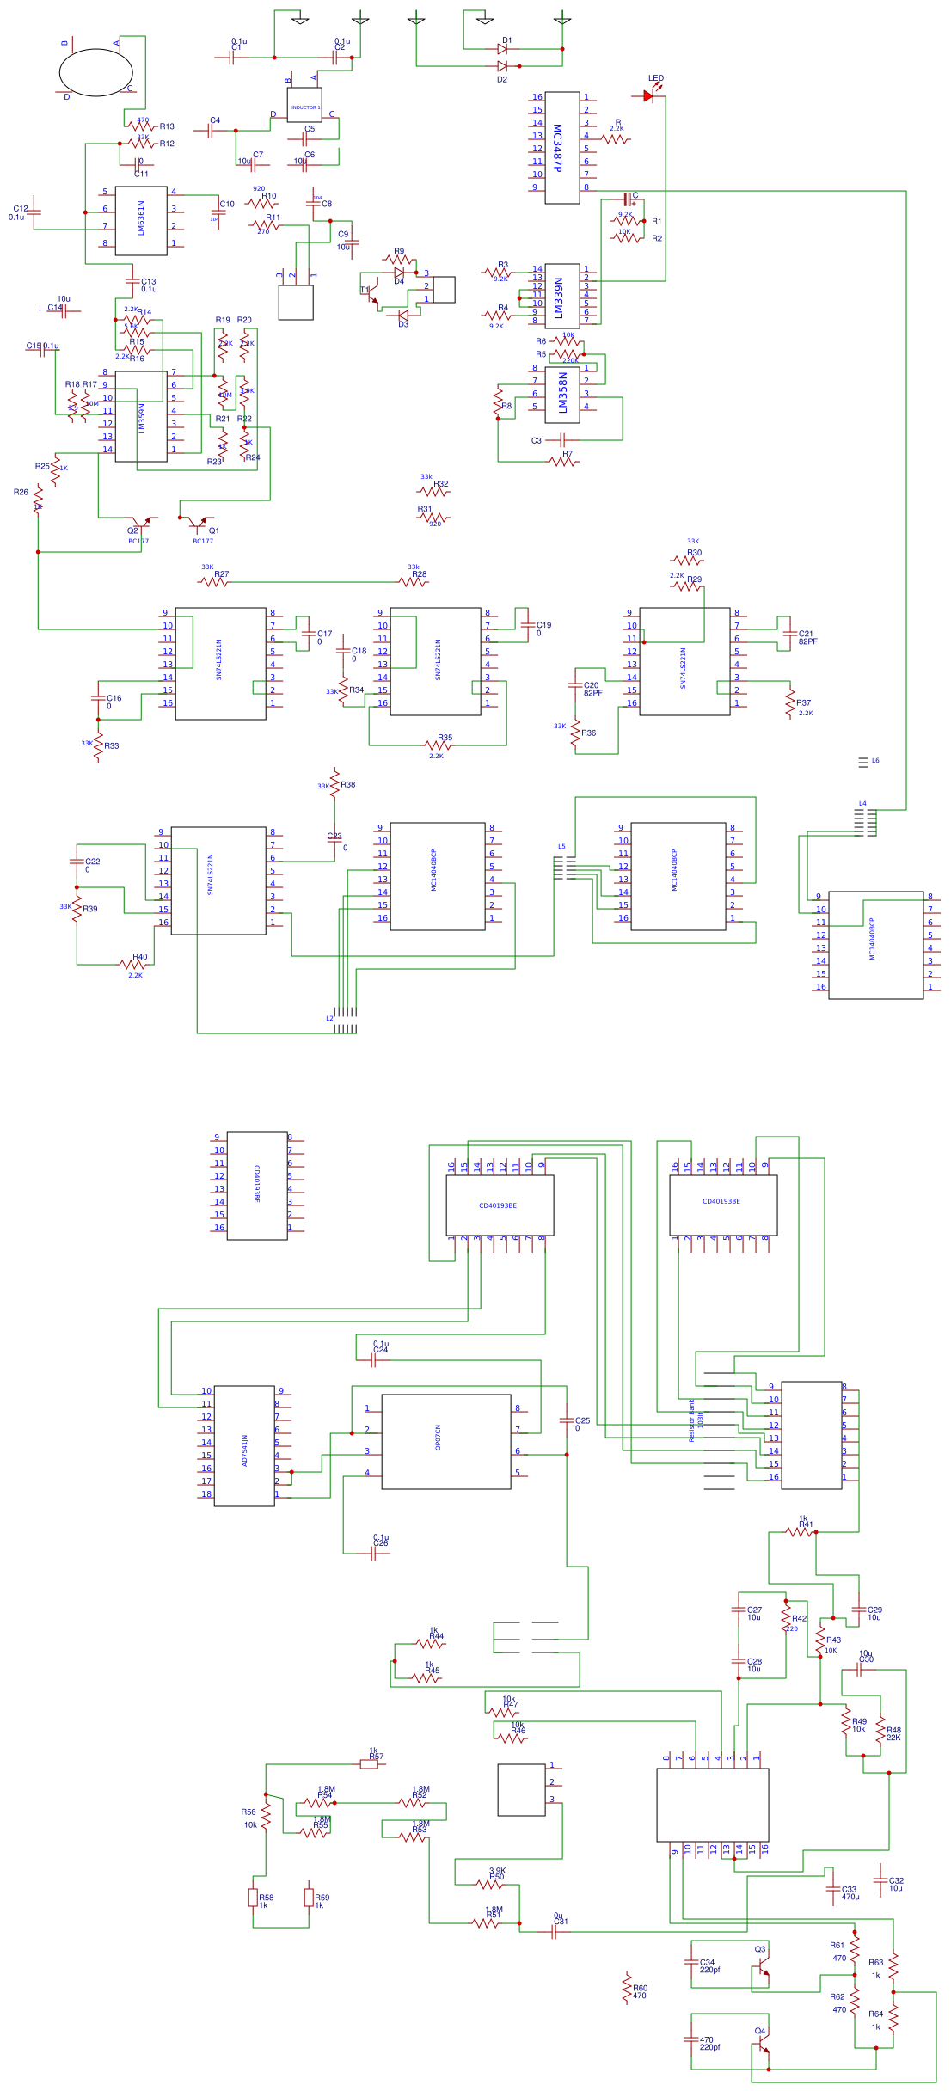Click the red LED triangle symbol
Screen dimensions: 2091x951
[x=648, y=96]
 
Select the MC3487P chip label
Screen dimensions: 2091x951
[x=557, y=148]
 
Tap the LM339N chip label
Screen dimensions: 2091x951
[x=558, y=297]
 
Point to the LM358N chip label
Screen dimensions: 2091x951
[x=562, y=393]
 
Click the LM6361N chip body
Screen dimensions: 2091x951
[x=141, y=220]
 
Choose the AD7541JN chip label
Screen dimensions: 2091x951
[x=245, y=1450]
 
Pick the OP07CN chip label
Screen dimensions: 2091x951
[x=438, y=1438]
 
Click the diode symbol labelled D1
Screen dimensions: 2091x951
[x=503, y=49]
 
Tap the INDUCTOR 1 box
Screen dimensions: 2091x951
[x=304, y=107]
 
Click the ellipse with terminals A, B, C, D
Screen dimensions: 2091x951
[x=95, y=72]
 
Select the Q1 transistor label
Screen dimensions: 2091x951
[x=214, y=530]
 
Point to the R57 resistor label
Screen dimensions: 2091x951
[x=377, y=1757]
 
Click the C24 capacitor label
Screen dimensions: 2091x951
[x=381, y=1350]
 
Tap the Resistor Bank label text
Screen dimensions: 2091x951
[x=691, y=1420]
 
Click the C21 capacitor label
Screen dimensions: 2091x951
[x=806, y=634]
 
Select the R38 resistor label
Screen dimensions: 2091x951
[x=348, y=784]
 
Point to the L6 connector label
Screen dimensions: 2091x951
[x=875, y=760]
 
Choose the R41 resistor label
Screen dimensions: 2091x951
[x=806, y=1524]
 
